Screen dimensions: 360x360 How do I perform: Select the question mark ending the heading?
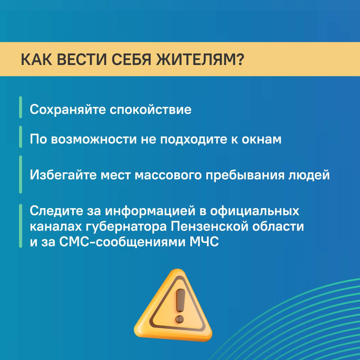238,59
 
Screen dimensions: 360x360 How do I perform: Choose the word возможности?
94,139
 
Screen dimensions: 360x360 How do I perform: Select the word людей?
309,175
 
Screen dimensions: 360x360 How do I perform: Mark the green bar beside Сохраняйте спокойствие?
21,107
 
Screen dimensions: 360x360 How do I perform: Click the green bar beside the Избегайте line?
21,174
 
